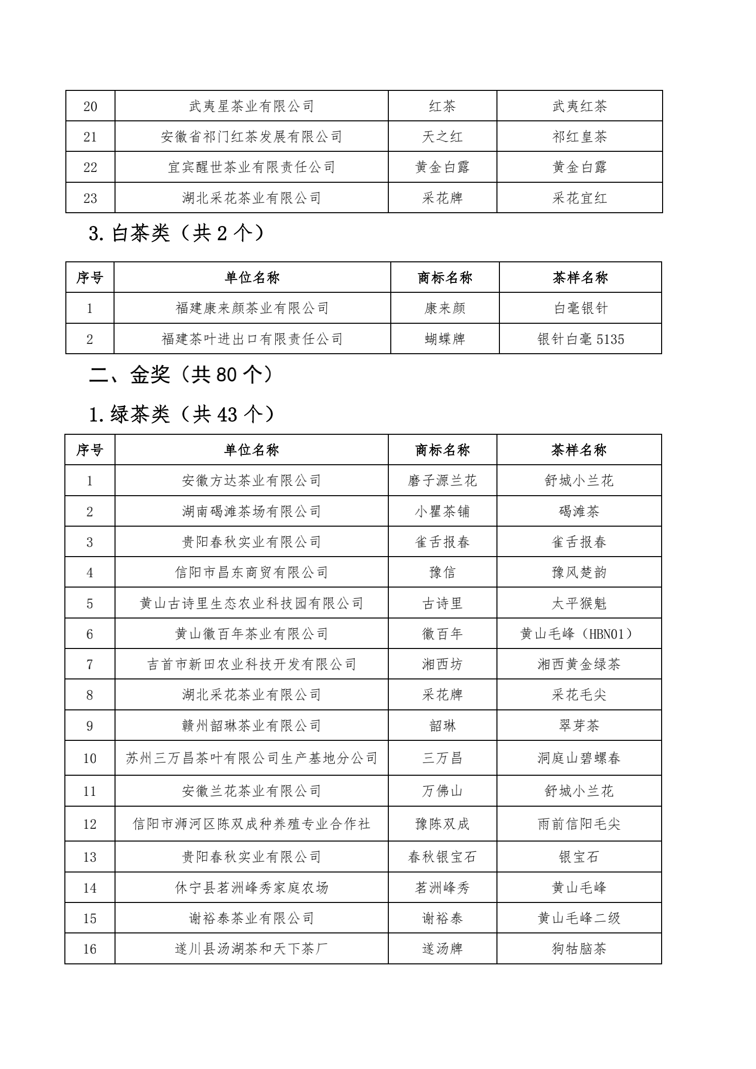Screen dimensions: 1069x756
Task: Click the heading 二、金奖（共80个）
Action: click(180, 375)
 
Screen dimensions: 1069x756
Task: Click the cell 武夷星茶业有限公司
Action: click(251, 106)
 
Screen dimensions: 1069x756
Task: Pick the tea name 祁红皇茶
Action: click(579, 137)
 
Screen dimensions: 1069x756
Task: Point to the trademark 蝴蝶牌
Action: click(444, 339)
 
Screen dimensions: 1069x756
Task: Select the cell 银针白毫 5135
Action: click(581, 339)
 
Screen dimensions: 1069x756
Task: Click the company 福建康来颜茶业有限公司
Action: click(252, 309)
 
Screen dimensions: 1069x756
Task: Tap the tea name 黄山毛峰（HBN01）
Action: click(579, 634)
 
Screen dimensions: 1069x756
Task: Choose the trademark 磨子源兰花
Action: click(442, 480)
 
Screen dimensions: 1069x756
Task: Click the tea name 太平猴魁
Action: click(579, 603)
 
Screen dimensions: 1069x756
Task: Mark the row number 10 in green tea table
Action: click(90, 758)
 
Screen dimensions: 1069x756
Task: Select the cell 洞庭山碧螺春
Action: click(579, 758)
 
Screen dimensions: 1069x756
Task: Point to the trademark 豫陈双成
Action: click(442, 823)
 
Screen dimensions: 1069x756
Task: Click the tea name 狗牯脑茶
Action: click(579, 948)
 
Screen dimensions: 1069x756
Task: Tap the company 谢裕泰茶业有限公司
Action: click(251, 918)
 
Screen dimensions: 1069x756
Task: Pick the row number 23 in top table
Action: click(90, 198)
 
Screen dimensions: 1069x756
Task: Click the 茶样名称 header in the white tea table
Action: click(580, 278)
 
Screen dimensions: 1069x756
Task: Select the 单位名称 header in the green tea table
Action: click(251, 450)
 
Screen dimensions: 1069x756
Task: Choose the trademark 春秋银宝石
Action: click(442, 857)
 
